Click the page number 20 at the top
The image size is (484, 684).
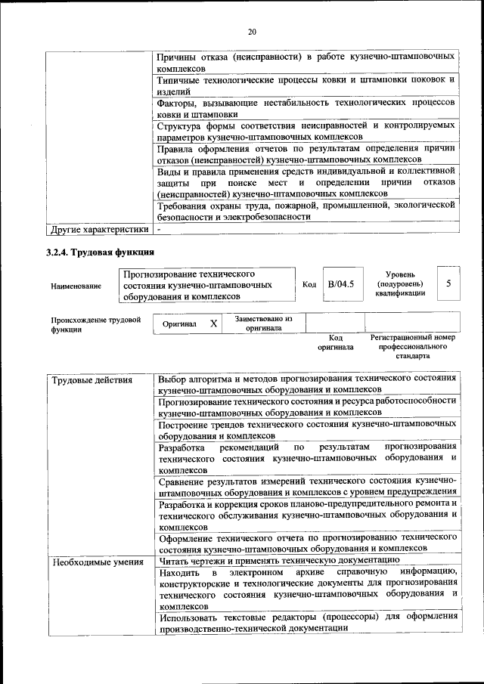pos(252,31)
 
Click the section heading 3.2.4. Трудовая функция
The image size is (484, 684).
pos(100,252)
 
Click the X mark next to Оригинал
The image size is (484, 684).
pos(214,323)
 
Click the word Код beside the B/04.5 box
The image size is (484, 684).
pos(309,285)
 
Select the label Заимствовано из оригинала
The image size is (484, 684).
pos(263,323)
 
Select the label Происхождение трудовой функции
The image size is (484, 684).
pos(96,324)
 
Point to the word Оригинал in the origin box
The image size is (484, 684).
pos(179,324)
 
